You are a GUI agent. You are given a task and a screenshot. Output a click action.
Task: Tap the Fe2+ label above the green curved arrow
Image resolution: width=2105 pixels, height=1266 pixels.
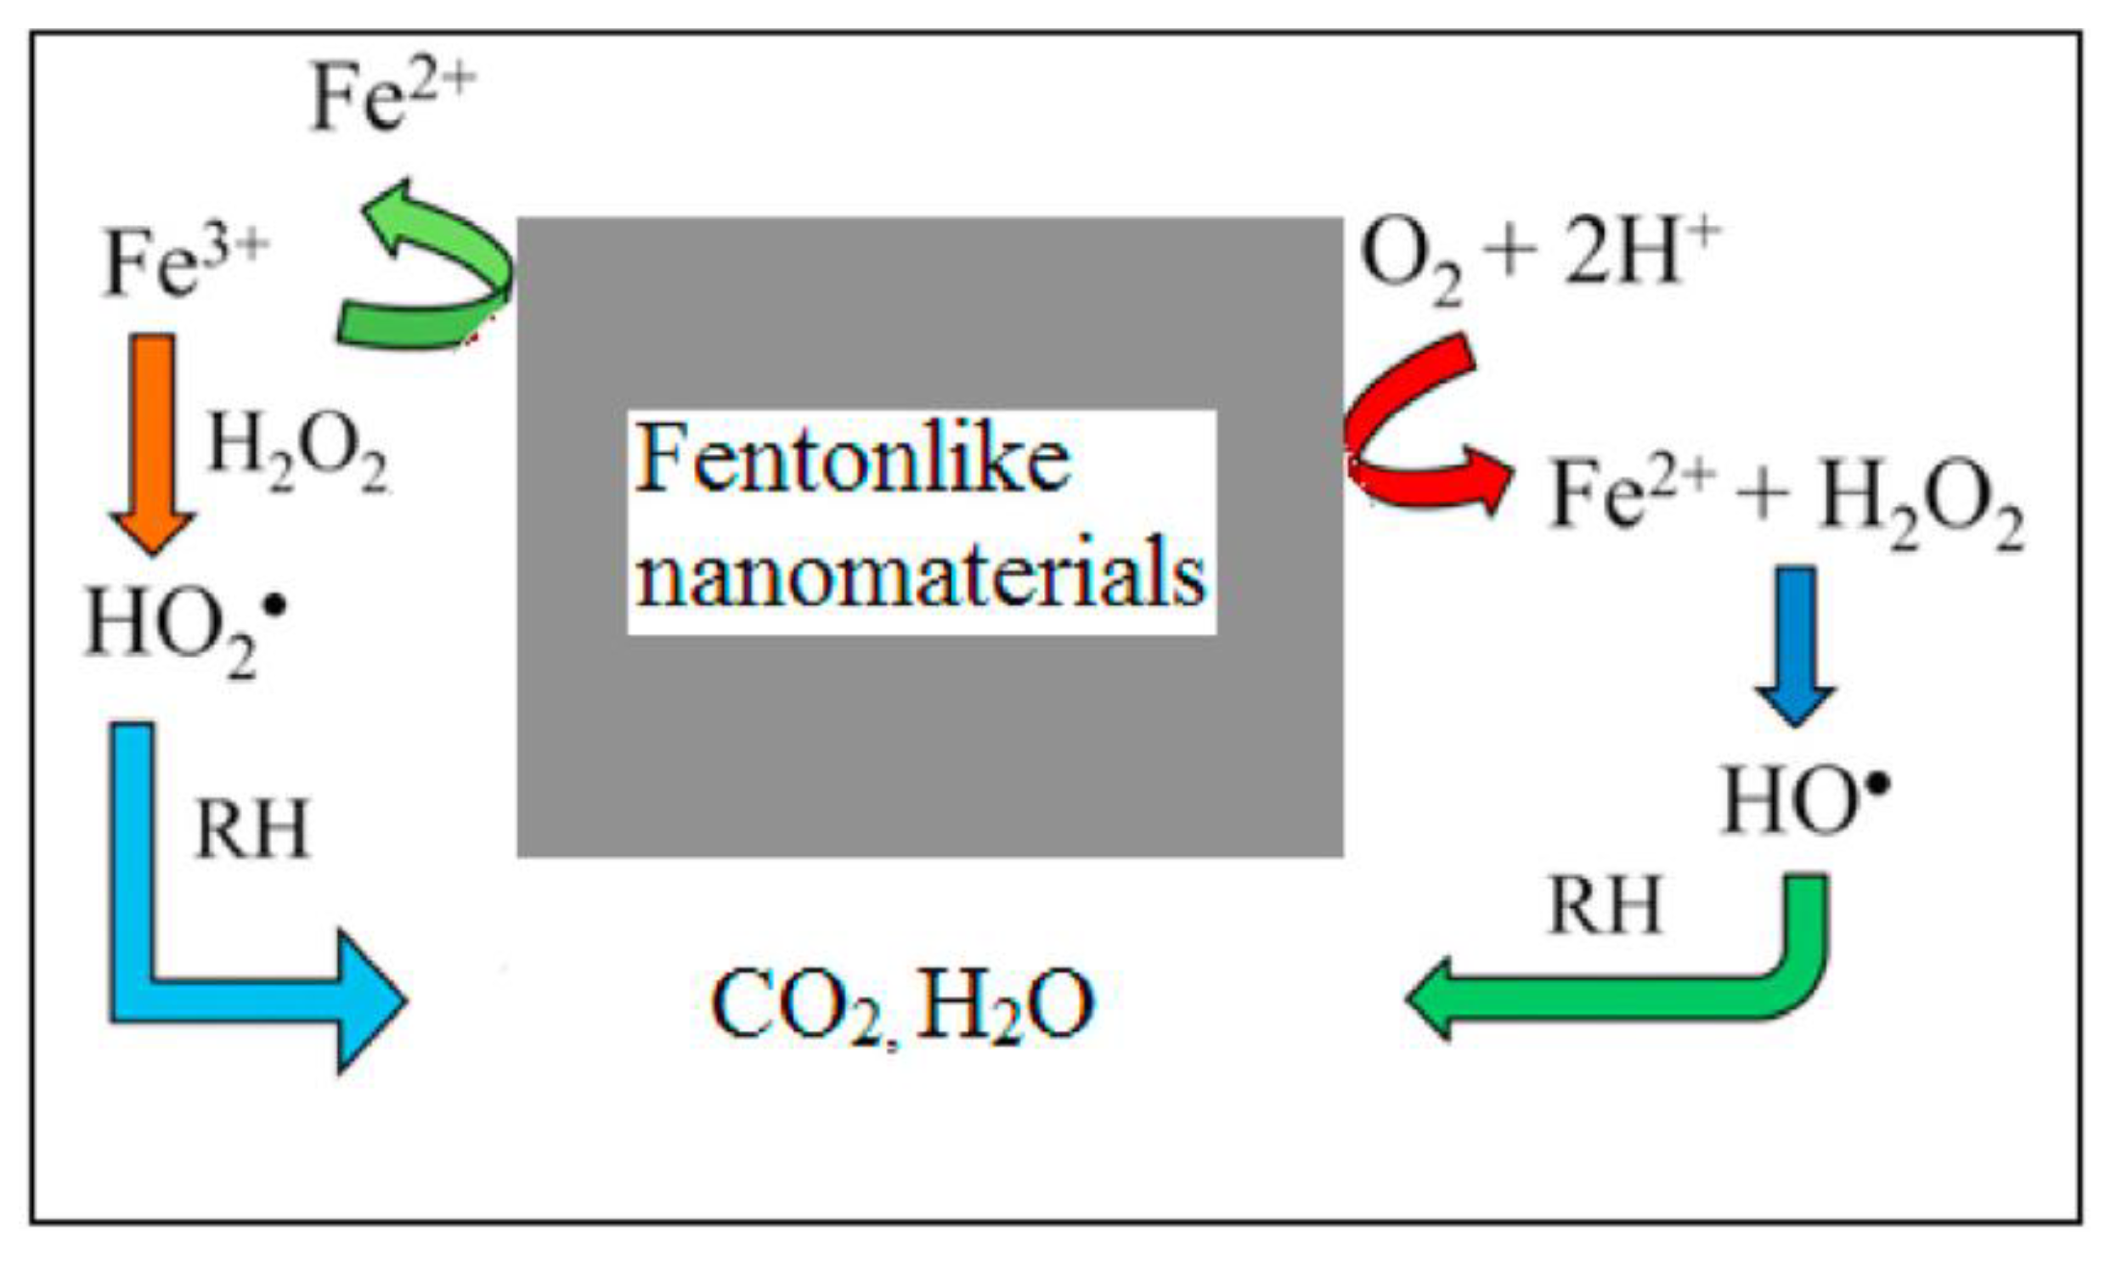[391, 100]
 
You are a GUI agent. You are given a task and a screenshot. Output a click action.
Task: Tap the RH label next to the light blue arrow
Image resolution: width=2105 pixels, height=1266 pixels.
[251, 830]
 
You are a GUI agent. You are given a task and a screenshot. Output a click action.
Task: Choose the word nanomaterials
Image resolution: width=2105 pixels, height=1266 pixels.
[922, 573]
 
